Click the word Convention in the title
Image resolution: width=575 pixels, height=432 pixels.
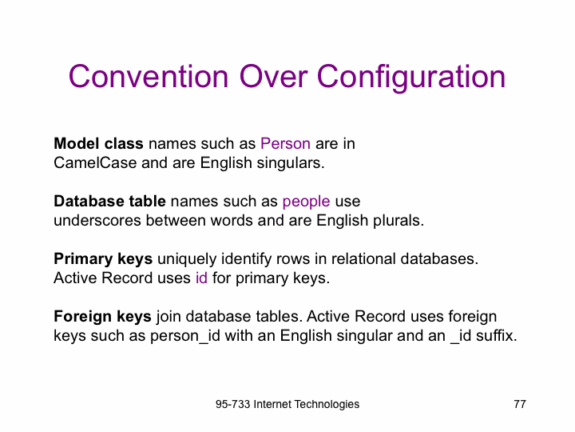[149, 77]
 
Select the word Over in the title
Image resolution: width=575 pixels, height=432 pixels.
[273, 77]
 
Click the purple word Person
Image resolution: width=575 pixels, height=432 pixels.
[285, 144]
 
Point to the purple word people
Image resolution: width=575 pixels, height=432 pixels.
[306, 202]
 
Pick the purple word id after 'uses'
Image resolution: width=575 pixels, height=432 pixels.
[201, 278]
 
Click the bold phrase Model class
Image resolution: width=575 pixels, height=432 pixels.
[98, 144]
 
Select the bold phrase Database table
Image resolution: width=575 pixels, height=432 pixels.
[109, 202]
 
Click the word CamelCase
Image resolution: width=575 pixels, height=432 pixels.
[95, 162]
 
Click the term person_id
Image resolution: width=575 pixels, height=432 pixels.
[185, 336]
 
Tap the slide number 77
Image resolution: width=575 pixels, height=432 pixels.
[520, 404]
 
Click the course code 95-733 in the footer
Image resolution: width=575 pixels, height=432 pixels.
[233, 404]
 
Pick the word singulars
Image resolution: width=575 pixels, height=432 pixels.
[291, 163]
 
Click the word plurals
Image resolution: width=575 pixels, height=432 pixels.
[399, 221]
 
